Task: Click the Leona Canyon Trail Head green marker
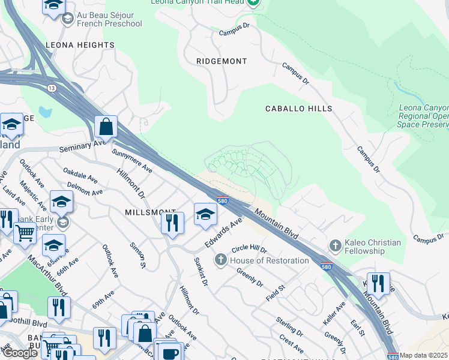pos(253,3)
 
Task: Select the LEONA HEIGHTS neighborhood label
pos(80,45)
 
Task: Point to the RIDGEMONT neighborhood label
pos(221,61)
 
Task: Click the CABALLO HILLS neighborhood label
pos(298,109)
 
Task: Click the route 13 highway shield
pos(52,88)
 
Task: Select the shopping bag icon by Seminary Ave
pos(106,127)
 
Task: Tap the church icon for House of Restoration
pos(221,260)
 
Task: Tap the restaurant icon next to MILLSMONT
pos(172,223)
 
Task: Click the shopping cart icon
pos(25,233)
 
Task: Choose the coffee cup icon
pos(170,352)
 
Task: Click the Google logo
pos(20,353)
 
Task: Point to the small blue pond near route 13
pos(44,112)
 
